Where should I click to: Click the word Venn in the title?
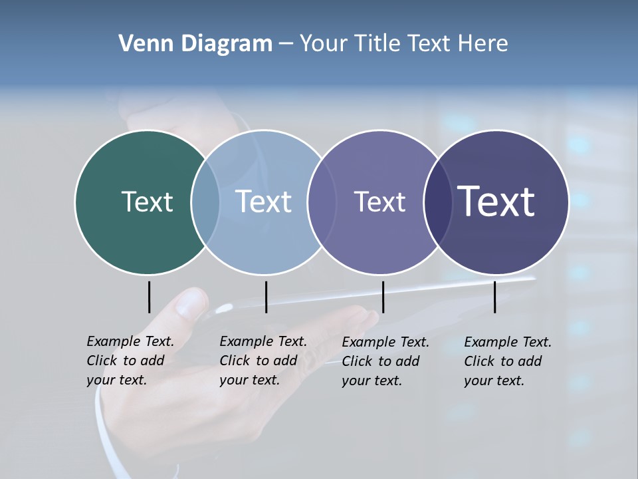(141, 44)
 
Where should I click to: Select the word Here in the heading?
(483, 44)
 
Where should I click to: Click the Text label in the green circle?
(147, 202)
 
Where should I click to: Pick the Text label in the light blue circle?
(264, 202)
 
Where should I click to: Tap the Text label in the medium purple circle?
(379, 202)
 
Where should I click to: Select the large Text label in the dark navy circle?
(496, 202)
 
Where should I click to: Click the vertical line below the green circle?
(149, 297)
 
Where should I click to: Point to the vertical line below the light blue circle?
(266, 297)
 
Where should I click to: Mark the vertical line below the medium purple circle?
(383, 297)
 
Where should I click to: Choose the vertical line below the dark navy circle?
(494, 297)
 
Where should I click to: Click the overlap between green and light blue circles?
(206, 202)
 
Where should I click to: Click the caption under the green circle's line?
(130, 361)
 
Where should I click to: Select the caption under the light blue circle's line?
(263, 361)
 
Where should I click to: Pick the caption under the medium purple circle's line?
(385, 361)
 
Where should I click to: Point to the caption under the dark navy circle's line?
(507, 361)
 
